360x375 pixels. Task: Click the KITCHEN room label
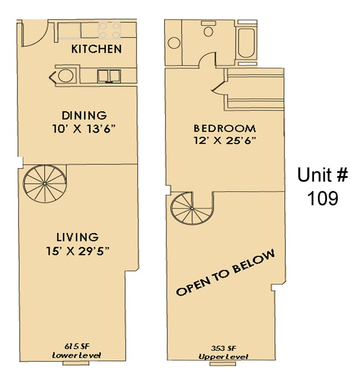(x=96, y=49)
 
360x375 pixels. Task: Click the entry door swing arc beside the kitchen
(x=32, y=35)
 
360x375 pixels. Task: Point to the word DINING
(x=84, y=116)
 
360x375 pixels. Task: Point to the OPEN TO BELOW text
(x=225, y=273)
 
